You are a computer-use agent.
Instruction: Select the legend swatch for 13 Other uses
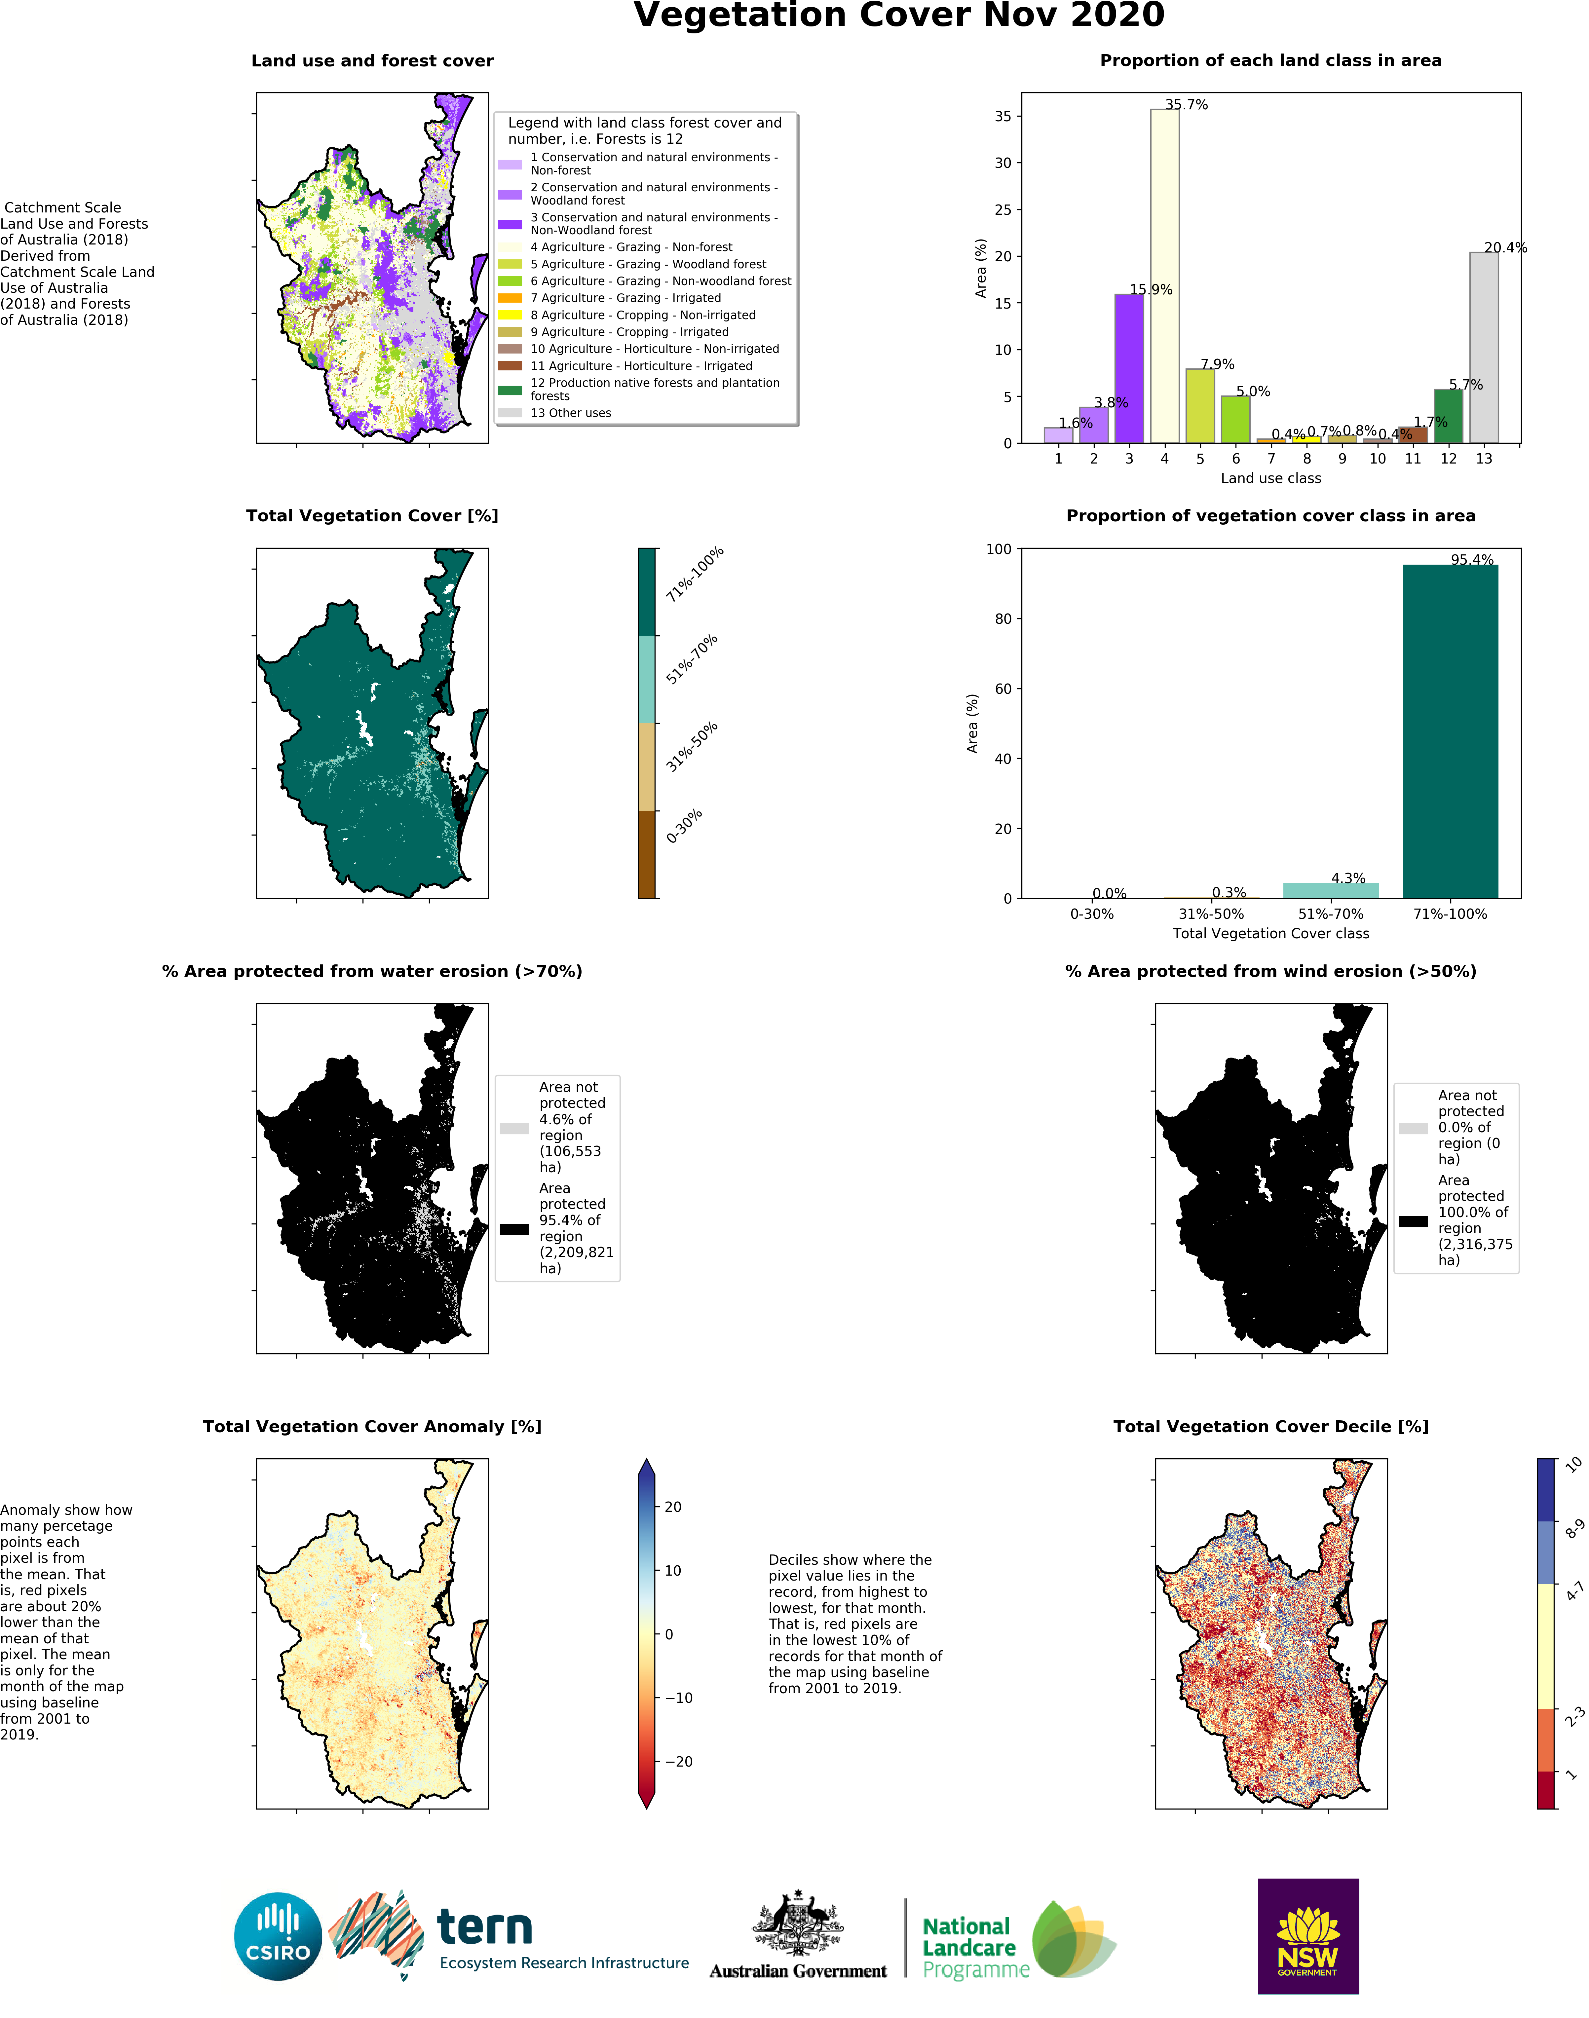coord(510,413)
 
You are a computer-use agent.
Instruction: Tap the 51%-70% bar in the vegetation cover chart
coord(1330,890)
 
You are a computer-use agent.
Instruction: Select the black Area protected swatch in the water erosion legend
coord(514,1229)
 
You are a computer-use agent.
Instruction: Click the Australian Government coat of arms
coord(798,1922)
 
